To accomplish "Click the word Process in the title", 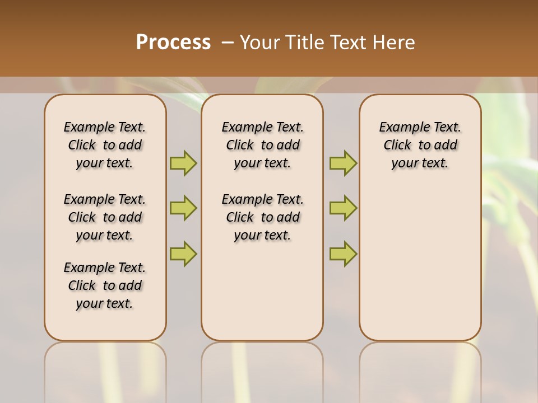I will pyautogui.click(x=173, y=43).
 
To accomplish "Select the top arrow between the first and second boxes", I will pyautogui.click(x=183, y=163).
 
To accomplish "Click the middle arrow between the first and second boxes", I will pyautogui.click(x=183, y=208).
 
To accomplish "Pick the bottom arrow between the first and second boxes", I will pyautogui.click(x=183, y=254).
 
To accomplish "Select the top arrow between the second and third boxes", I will pyautogui.click(x=343, y=163).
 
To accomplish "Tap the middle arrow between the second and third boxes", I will pyautogui.click(x=343, y=208).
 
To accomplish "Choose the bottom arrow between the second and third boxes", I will pyautogui.click(x=343, y=254).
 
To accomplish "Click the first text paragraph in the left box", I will pyautogui.click(x=105, y=145).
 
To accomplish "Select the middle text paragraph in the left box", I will pyautogui.click(x=105, y=217).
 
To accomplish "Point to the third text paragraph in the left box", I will pyautogui.click(x=105, y=285).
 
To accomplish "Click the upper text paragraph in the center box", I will pyautogui.click(x=262, y=145).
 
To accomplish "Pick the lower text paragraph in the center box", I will pyautogui.click(x=262, y=217).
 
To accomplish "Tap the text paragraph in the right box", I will pyautogui.click(x=420, y=145).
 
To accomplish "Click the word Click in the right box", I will pyautogui.click(x=397, y=146).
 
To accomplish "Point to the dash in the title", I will pyautogui.click(x=228, y=43).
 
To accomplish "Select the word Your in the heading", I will pyautogui.click(x=260, y=43).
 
